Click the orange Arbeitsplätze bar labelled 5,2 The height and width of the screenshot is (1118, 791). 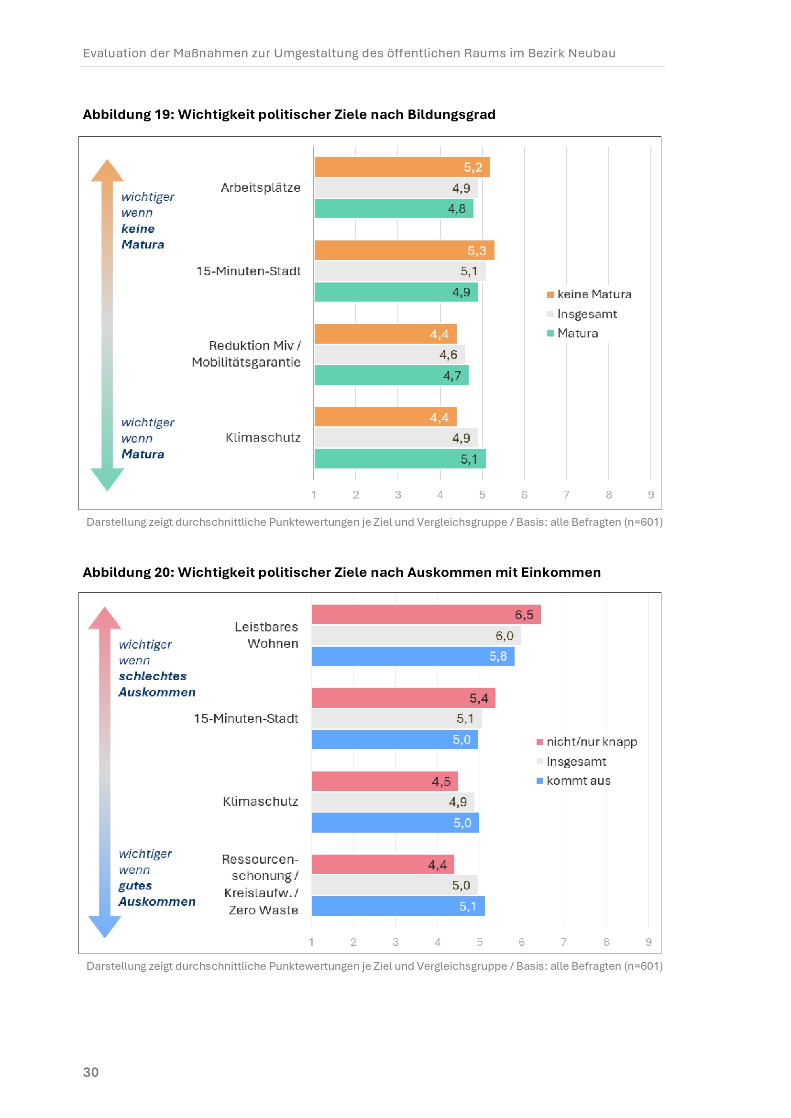(x=401, y=167)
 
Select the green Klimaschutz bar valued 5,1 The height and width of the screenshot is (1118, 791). (x=399, y=459)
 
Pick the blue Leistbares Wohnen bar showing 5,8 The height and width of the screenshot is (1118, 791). (x=413, y=656)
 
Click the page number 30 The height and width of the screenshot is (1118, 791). (x=90, y=1072)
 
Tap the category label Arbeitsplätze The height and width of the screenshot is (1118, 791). (x=261, y=188)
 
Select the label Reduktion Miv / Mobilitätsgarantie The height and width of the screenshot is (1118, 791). (x=246, y=354)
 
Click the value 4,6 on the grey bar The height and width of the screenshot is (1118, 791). (x=448, y=355)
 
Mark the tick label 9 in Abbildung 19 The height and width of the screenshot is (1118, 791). (x=651, y=495)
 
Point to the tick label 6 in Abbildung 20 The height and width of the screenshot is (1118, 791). (x=522, y=942)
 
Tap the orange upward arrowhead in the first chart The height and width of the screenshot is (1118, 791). (x=107, y=171)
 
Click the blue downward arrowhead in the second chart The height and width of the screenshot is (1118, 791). (x=105, y=926)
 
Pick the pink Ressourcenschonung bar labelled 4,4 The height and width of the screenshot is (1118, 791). (x=383, y=864)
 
